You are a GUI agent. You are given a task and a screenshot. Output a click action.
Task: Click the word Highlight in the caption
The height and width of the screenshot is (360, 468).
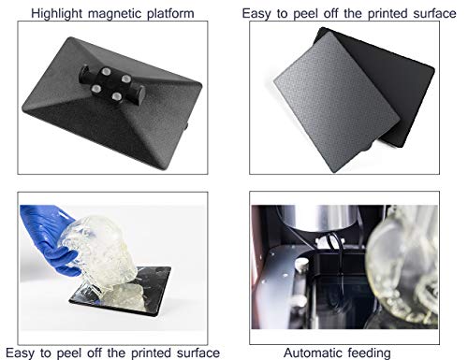(x=57, y=14)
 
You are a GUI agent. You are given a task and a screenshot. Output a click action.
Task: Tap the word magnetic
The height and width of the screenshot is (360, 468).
(x=115, y=14)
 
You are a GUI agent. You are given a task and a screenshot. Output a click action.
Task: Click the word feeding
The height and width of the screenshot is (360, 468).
(x=365, y=353)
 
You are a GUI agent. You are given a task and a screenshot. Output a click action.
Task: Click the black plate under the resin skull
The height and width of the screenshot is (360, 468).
(x=120, y=292)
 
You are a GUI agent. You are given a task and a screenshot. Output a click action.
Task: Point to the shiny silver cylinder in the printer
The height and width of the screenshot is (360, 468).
(x=321, y=217)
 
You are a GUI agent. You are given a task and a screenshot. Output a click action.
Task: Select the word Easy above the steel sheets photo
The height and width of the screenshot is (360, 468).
(x=256, y=14)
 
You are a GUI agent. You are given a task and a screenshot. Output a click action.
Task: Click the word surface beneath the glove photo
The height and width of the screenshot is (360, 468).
(x=198, y=353)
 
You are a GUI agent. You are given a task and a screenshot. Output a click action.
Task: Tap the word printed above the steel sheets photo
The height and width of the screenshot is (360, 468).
(x=388, y=14)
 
